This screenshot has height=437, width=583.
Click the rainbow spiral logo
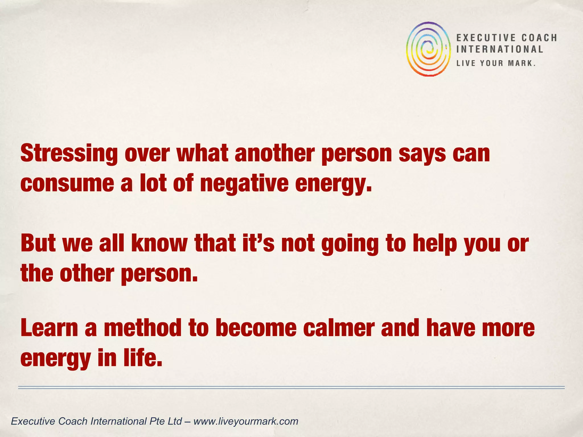pos(428,49)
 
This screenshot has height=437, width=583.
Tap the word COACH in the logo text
pos(539,38)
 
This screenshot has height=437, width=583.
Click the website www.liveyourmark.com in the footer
pos(246,421)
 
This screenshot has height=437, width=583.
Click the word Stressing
pos(69,154)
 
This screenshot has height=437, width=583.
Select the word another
pos(275,154)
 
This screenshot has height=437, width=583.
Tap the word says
pos(422,154)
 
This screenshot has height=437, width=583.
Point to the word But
pos(38,244)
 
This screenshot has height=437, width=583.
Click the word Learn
pos(49,328)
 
